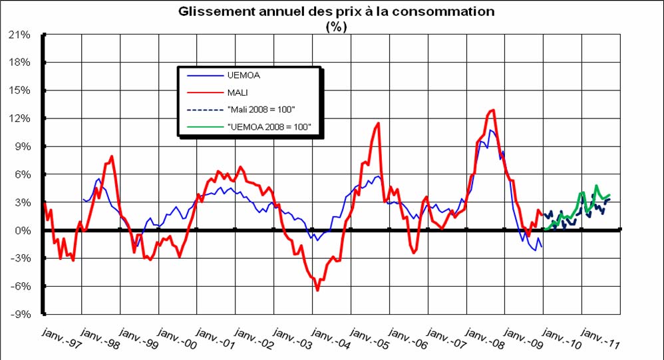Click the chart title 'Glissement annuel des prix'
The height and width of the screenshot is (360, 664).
click(336, 12)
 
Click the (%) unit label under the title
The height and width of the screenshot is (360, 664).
click(336, 27)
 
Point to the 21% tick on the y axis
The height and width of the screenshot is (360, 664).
click(21, 35)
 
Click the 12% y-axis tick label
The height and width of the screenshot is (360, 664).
click(21, 118)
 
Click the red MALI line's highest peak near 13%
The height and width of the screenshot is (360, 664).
click(493, 110)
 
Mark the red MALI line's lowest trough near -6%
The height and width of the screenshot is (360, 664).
click(317, 290)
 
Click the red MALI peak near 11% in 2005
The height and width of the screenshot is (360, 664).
click(379, 123)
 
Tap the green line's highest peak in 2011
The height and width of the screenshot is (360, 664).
click(596, 186)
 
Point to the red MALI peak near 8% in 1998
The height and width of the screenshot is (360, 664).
click(112, 156)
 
